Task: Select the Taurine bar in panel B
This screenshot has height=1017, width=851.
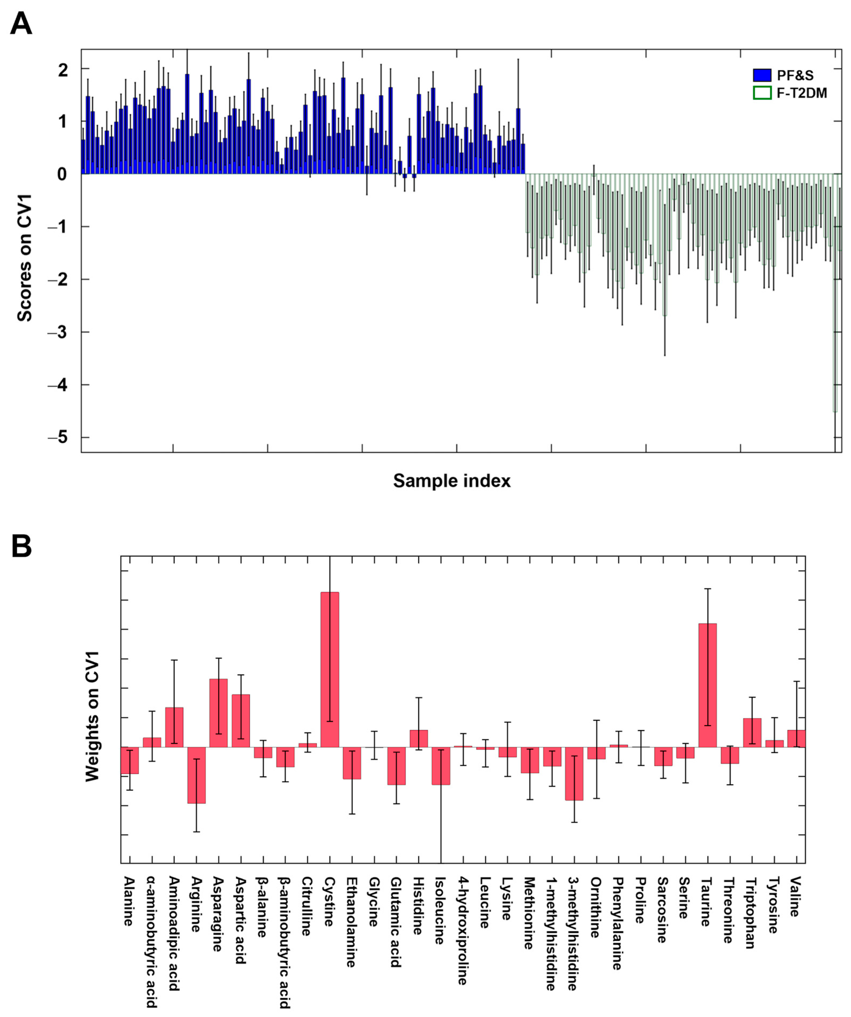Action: click(x=707, y=685)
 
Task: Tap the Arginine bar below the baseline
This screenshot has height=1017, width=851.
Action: click(x=196, y=775)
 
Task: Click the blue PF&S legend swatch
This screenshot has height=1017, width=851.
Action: click(x=762, y=75)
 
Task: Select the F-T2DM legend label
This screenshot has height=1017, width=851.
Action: click(x=802, y=93)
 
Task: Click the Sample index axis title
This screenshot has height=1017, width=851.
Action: click(x=452, y=481)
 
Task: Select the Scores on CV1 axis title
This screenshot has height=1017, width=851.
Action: click(x=24, y=258)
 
